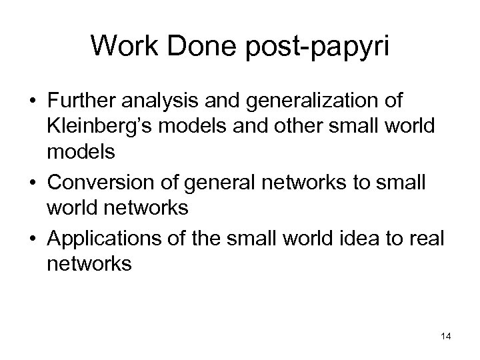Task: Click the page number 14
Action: (446, 337)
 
